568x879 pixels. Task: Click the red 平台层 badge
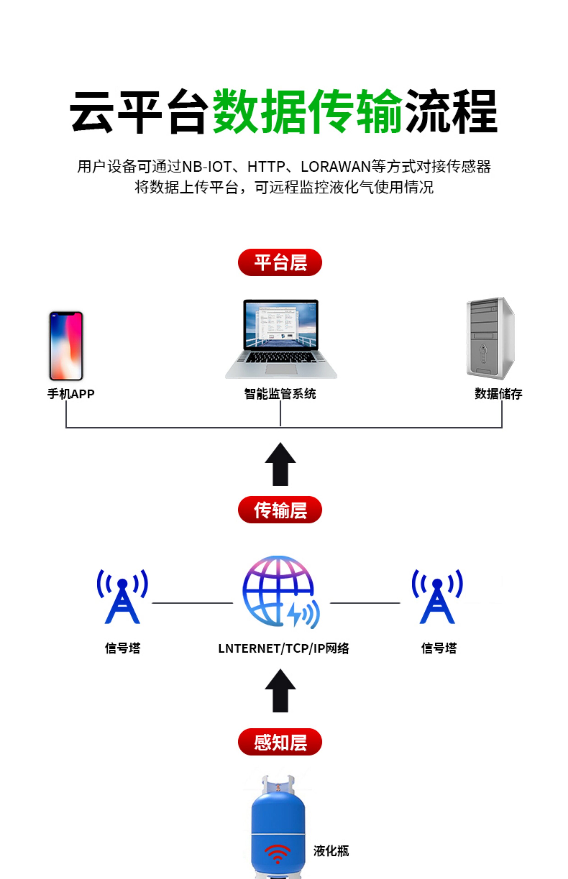(280, 262)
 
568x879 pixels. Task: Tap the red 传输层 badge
(280, 510)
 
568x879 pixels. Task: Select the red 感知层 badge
(280, 742)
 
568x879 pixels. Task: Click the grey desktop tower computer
(491, 338)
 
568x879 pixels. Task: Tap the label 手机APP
(71, 394)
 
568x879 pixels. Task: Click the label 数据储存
(499, 394)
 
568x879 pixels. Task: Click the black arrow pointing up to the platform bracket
(280, 464)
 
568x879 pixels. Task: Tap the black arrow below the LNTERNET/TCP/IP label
(280, 691)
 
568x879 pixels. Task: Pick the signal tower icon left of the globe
(123, 596)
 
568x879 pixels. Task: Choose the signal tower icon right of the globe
(437, 596)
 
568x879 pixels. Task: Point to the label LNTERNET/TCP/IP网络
(284, 648)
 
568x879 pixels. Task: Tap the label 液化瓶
(331, 851)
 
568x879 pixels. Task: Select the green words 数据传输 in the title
(308, 111)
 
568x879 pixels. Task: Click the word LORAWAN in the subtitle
(336, 167)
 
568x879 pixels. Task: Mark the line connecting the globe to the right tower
(365, 603)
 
